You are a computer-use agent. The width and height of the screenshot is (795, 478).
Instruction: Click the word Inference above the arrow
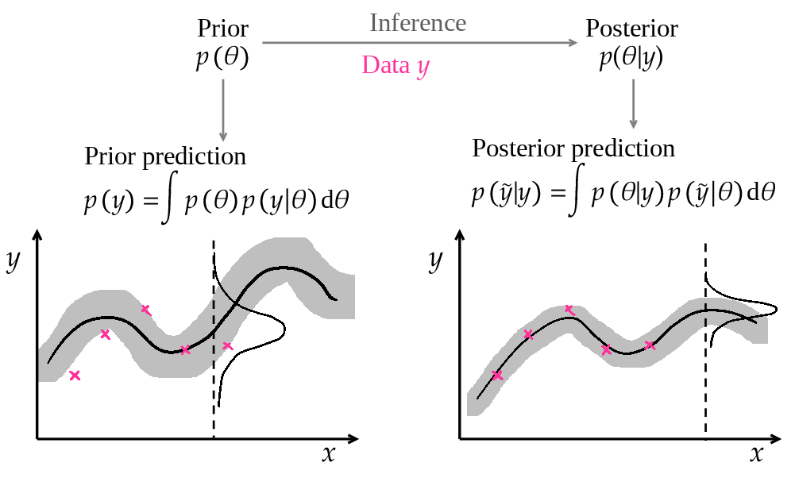[417, 23]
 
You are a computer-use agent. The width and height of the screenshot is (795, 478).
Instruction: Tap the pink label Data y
[395, 65]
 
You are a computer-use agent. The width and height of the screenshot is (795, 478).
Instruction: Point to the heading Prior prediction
[165, 156]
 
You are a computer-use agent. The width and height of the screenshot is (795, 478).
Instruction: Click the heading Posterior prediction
[573, 148]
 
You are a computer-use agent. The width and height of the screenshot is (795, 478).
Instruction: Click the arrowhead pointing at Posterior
[573, 44]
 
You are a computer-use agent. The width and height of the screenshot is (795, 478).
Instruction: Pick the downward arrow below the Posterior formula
[633, 104]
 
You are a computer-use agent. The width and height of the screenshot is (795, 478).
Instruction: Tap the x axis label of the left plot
[329, 453]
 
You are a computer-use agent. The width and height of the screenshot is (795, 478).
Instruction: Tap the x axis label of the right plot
[756, 453]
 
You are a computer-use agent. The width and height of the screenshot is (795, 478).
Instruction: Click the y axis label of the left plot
[13, 260]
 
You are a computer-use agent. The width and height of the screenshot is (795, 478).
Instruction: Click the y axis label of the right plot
[434, 260]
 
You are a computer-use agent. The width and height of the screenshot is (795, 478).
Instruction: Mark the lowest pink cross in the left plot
[75, 376]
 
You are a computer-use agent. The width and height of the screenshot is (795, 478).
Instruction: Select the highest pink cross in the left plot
[145, 309]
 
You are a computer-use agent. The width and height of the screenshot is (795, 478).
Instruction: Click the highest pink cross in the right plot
[569, 309]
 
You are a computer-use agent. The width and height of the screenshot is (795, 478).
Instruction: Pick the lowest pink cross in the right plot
[497, 376]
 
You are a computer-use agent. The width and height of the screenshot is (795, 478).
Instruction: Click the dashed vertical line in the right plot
[705, 357]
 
